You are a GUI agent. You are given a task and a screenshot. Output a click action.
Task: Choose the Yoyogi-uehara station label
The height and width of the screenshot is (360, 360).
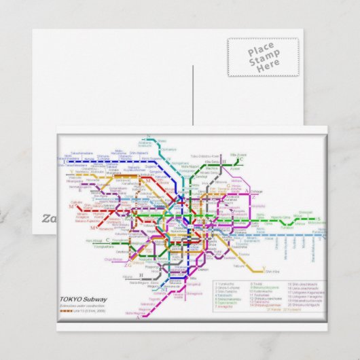(x=102, y=248)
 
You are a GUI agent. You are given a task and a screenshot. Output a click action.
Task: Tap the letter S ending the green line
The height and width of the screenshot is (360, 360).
(x=317, y=219)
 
